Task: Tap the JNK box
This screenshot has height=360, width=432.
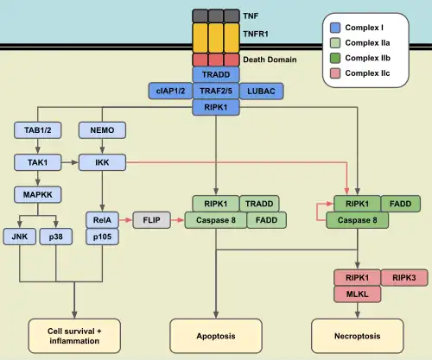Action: [x=20, y=236]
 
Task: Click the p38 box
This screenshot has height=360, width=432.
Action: [x=54, y=236]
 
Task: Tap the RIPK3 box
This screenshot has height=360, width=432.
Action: [x=403, y=278]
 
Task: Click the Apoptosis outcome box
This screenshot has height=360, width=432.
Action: [x=214, y=334]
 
